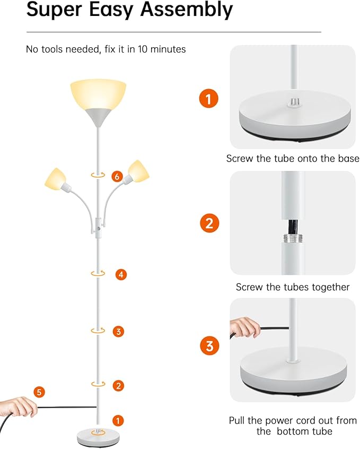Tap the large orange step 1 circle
point(208,99)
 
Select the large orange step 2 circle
point(209,223)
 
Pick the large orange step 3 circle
point(209,347)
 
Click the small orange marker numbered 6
point(118,176)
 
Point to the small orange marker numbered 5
point(38,392)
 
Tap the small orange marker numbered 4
point(121,274)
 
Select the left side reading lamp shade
point(55,178)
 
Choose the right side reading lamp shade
point(137,170)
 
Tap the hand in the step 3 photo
point(245,327)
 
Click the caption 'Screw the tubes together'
point(293,287)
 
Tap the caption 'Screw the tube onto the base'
point(293,159)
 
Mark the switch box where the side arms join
point(98,225)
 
